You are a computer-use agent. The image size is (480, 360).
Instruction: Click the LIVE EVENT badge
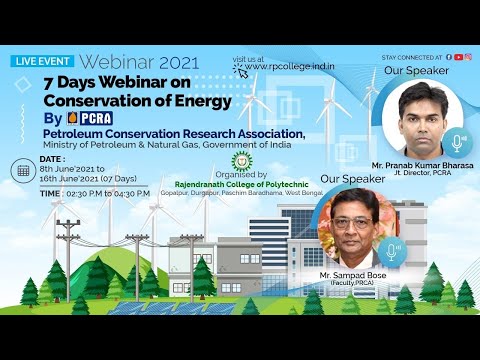coord(41,60)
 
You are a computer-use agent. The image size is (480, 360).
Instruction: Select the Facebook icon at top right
coord(449,58)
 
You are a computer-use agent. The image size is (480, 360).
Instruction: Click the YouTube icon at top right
coord(458,58)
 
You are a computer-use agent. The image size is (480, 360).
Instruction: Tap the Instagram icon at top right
coord(467,58)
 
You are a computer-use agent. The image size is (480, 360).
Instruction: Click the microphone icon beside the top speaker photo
coord(458,142)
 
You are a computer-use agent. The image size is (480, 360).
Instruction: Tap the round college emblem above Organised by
coord(239,163)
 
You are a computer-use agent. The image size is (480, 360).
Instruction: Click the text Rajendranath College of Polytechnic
coord(239,183)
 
